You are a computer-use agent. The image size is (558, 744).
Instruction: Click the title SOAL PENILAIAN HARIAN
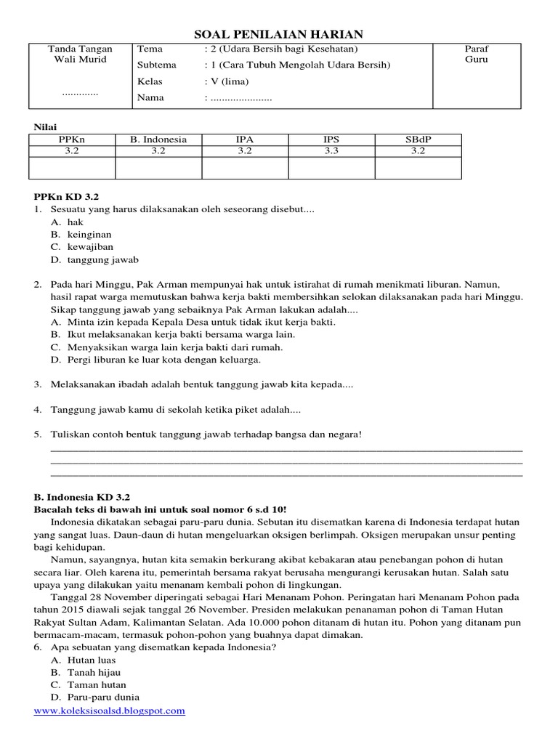[x=279, y=33]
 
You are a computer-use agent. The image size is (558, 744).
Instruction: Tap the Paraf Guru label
[x=476, y=54]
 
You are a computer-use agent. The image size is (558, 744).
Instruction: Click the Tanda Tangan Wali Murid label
[x=77, y=54]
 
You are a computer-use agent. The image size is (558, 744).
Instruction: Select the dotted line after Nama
[x=240, y=98]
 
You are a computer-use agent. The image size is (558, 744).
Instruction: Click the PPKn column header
[x=71, y=139]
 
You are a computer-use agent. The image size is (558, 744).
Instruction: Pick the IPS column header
[x=331, y=139]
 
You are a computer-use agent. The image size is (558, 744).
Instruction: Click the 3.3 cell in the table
[x=331, y=151]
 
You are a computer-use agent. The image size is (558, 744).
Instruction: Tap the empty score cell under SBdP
[x=418, y=168]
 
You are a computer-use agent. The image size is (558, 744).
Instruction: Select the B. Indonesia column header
[x=158, y=139]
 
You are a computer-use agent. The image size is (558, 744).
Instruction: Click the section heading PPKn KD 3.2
[x=66, y=196]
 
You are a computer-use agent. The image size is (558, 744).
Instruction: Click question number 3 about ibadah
[x=196, y=384]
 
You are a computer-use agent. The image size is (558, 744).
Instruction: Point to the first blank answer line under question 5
[x=286, y=450]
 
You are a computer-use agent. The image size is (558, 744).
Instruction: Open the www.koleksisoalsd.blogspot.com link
[x=109, y=711]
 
